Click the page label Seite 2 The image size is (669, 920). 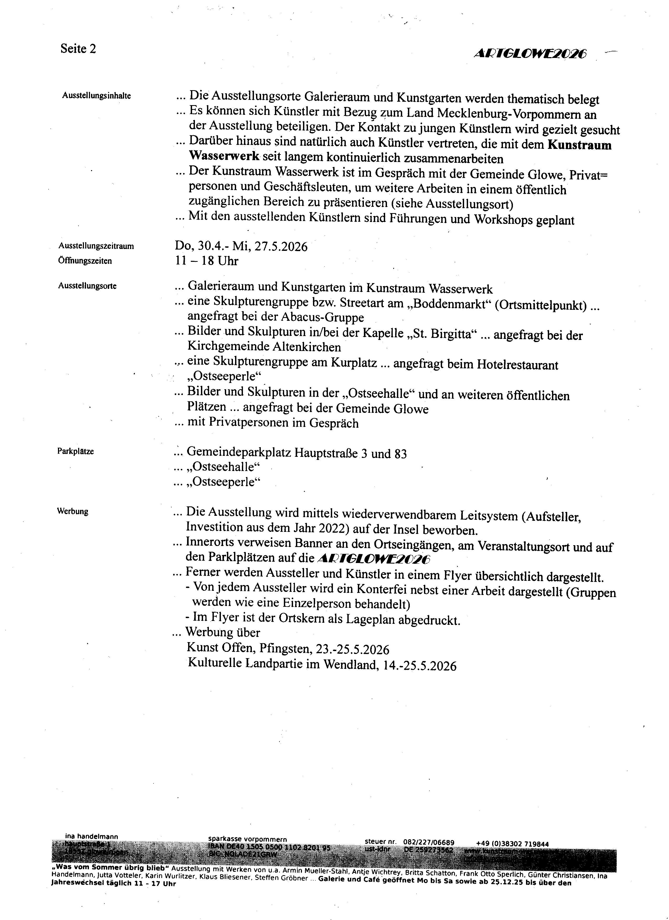78,49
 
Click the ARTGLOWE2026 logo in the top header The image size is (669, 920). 530,54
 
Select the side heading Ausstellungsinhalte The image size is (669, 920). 97,96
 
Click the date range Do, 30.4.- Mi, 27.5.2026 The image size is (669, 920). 241,246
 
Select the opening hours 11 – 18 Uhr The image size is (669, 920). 207,261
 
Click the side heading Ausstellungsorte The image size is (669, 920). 87,286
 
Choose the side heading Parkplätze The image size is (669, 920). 76,451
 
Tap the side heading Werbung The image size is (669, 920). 73,511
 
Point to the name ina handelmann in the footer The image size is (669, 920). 92,836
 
